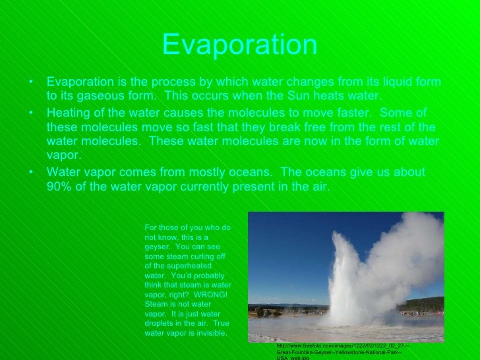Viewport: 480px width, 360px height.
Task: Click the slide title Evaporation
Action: [239, 45]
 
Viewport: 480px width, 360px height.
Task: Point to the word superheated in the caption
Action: [176, 266]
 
